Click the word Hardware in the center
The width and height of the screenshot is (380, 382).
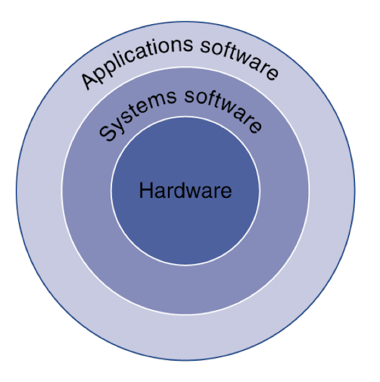[x=185, y=191]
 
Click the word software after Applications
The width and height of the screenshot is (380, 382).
[x=240, y=58]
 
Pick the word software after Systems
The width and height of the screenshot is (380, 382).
[x=224, y=109]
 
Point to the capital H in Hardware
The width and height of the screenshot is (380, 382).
[x=145, y=190]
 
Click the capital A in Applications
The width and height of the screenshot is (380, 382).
[x=89, y=79]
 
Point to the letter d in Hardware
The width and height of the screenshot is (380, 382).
[x=178, y=190]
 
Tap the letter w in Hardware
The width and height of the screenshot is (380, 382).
[x=194, y=193]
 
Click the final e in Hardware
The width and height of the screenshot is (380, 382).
[x=226, y=193]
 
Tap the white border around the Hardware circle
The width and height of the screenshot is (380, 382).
[x=185, y=117]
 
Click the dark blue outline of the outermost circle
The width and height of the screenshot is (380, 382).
[x=185, y=22]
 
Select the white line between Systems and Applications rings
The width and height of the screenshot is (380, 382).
[x=185, y=67]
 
